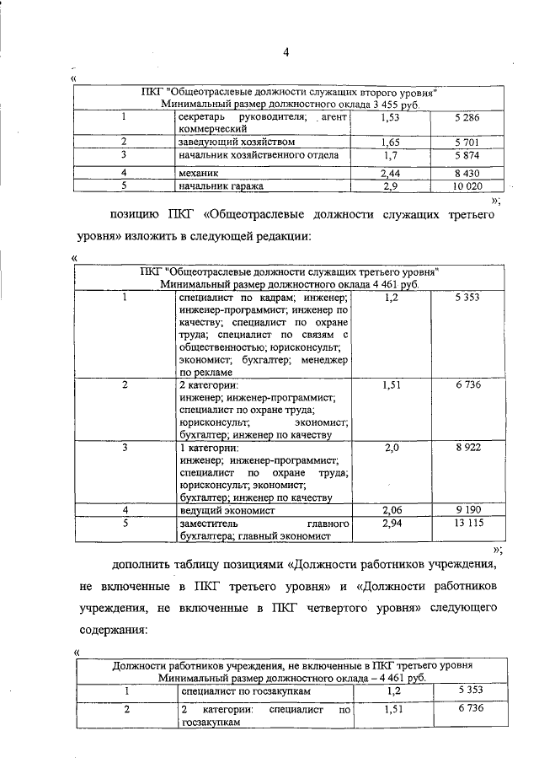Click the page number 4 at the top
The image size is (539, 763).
(286, 55)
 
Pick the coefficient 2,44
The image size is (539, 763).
(391, 172)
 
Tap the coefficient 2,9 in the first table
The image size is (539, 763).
(390, 185)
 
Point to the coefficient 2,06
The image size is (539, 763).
(391, 510)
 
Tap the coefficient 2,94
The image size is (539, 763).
(391, 524)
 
